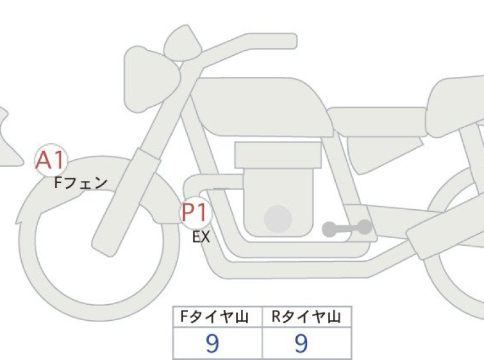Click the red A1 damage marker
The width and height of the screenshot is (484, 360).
coord(51,160)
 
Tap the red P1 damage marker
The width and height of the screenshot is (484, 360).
coord(195,212)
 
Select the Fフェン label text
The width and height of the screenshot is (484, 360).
coord(81,183)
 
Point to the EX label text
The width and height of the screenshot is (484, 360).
coord(201,237)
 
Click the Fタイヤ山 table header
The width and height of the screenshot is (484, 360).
coord(214,317)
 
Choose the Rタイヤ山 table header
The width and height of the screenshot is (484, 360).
coord(306,317)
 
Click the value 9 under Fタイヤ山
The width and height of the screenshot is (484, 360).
coord(212,343)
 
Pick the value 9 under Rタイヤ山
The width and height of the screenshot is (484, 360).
coord(301,343)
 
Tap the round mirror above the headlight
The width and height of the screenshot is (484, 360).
coord(183,42)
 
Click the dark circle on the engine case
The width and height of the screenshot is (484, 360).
coord(278,219)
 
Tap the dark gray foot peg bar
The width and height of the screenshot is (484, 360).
coord(347,228)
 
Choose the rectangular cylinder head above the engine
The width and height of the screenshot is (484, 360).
coord(278,155)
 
